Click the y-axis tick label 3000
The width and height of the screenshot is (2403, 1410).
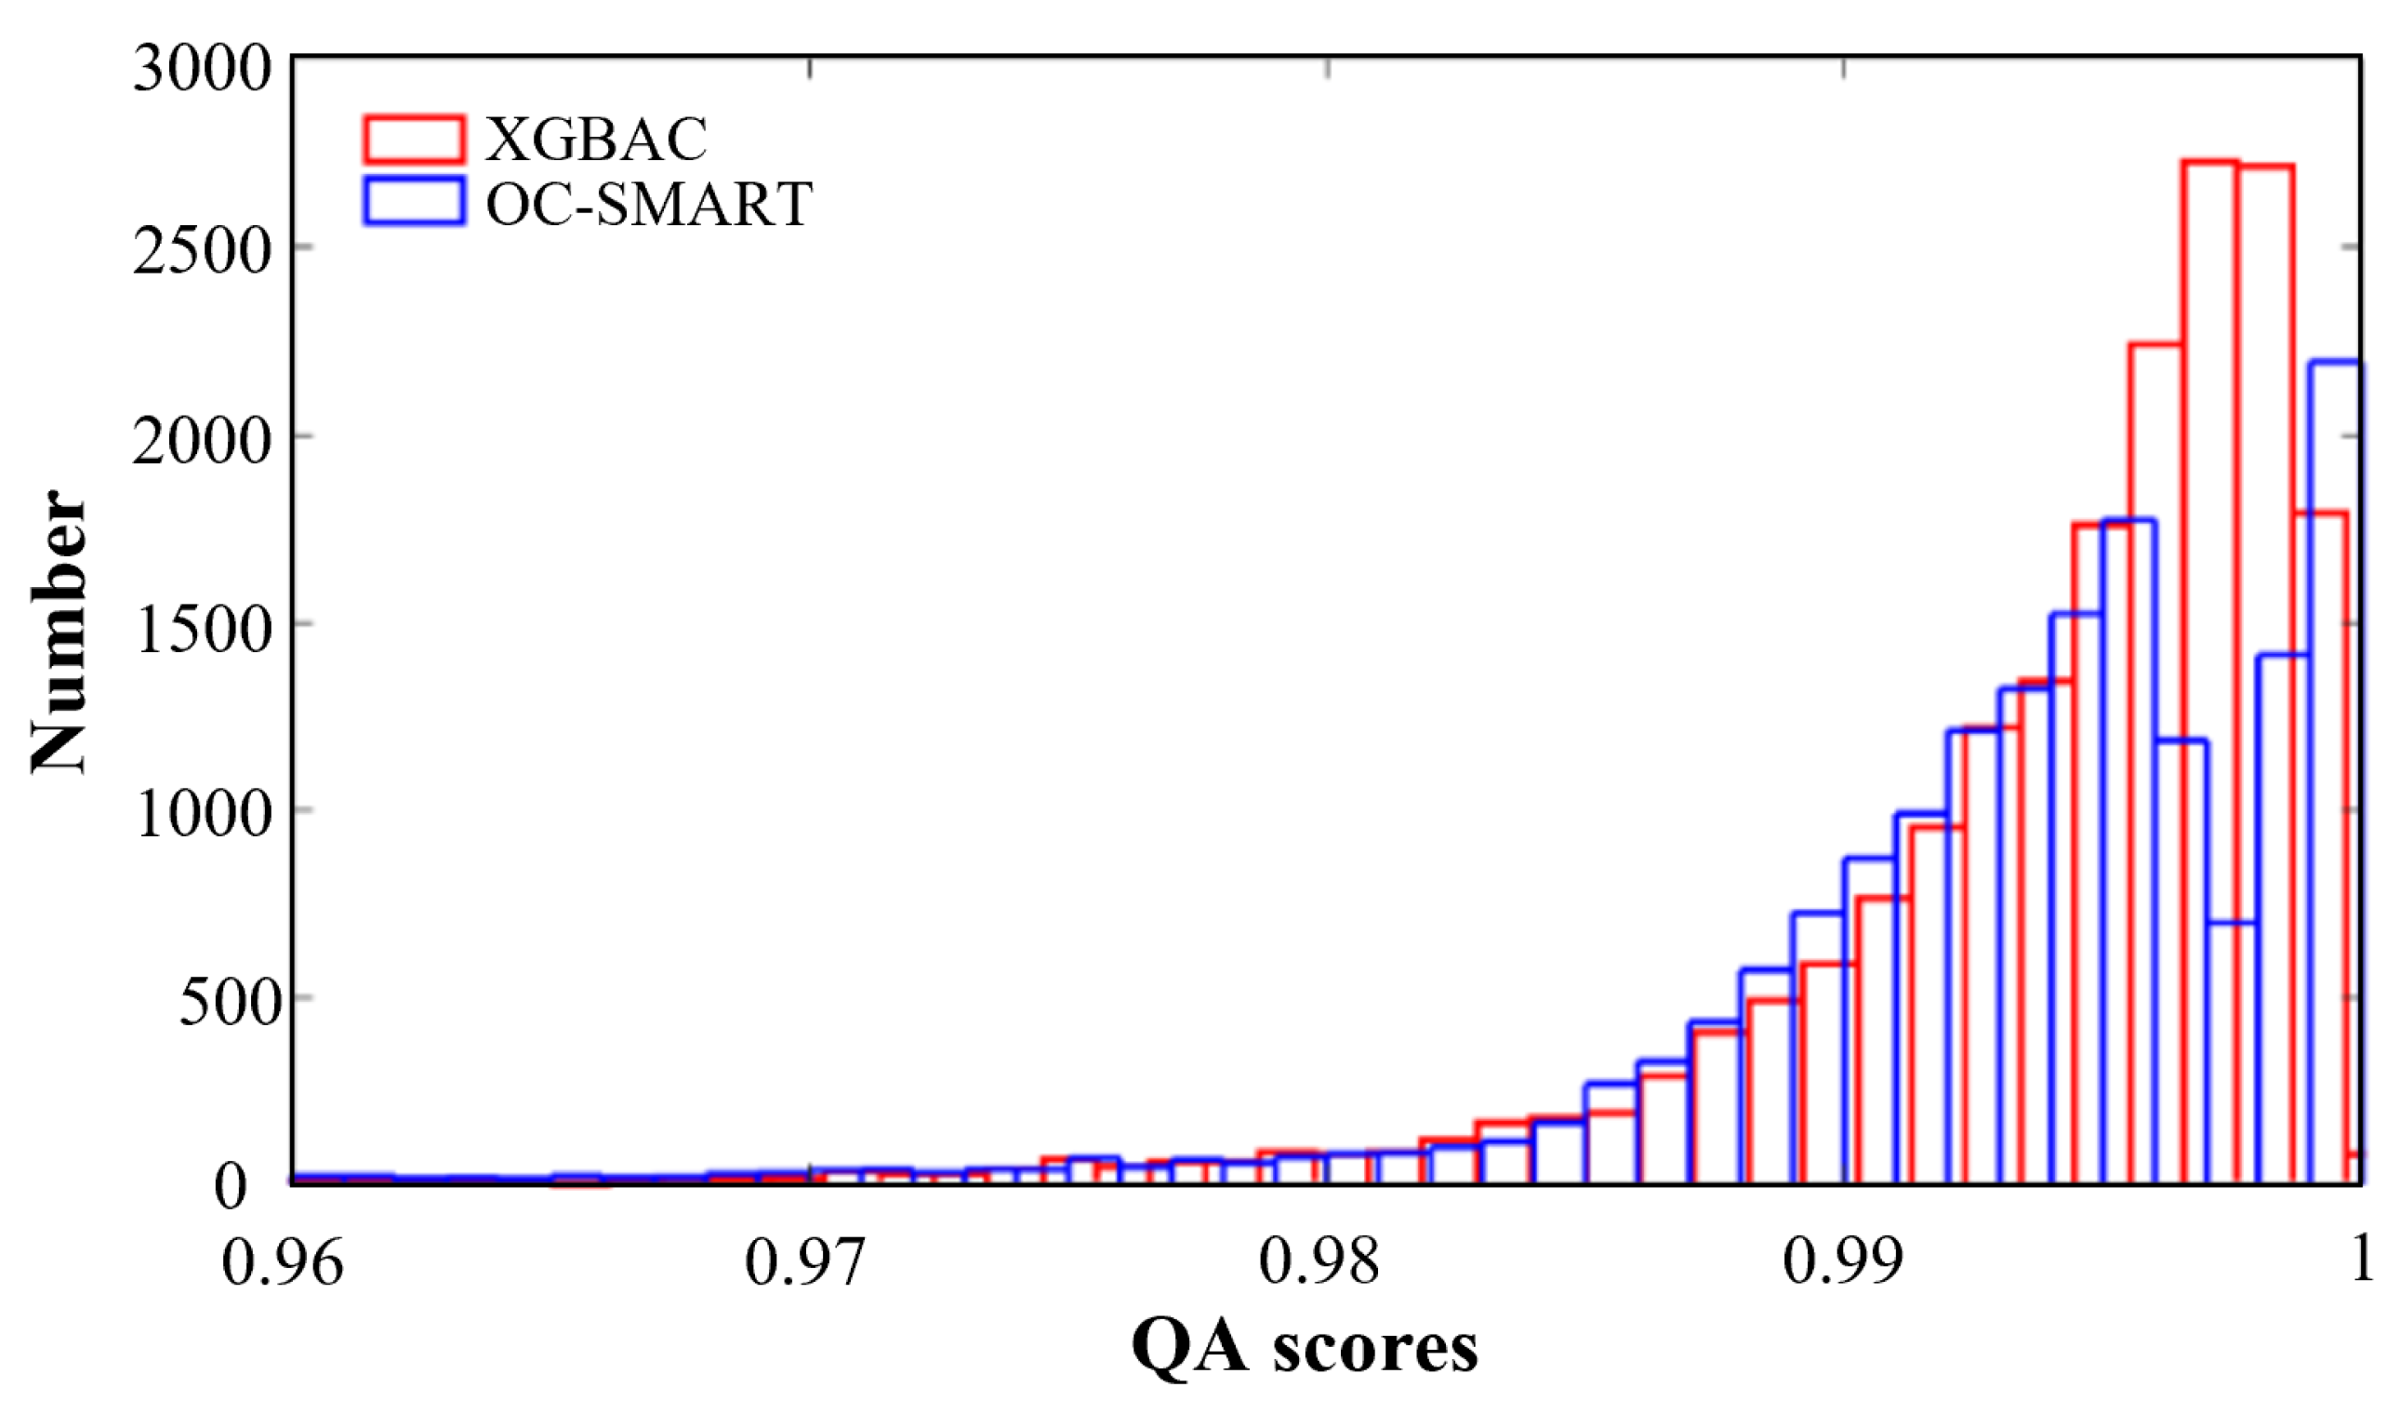pyautogui.click(x=203, y=69)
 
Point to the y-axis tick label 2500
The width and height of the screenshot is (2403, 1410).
pyautogui.click(x=203, y=253)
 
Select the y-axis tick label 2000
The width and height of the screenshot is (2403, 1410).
pyautogui.click(x=203, y=442)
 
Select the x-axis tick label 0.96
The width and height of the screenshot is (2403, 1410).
pyautogui.click(x=282, y=1262)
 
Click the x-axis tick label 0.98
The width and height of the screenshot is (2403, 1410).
pyautogui.click(x=1320, y=1262)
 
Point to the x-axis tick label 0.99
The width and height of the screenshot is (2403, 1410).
pyautogui.click(x=1843, y=1262)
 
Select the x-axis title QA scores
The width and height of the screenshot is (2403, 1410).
pyautogui.click(x=1304, y=1347)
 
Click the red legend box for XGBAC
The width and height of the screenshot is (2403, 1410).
pyautogui.click(x=414, y=140)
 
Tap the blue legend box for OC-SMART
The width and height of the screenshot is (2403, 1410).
pyautogui.click(x=414, y=201)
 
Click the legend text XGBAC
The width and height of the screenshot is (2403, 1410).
pyautogui.click(x=597, y=140)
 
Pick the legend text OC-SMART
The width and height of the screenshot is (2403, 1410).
pyautogui.click(x=648, y=203)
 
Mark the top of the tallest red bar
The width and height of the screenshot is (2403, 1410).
pyautogui.click(x=2210, y=162)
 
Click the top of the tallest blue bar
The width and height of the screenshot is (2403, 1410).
pyautogui.click(x=2336, y=361)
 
